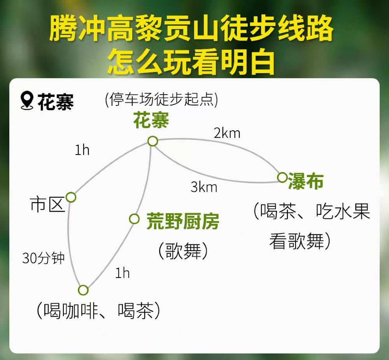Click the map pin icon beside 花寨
27,100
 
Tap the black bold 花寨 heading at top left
56,102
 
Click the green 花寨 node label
151,120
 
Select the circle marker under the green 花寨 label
152,141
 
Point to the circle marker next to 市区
71,197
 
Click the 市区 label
47,205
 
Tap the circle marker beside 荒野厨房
134,219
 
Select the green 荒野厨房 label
183,221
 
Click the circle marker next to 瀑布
282,177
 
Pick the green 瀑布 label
306,181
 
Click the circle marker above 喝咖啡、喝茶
83,290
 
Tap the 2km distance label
227,133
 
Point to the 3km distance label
204,187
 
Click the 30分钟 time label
44,258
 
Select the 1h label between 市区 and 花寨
82,150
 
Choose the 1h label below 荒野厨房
123,273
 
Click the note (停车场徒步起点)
161,100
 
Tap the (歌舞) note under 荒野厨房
183,251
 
